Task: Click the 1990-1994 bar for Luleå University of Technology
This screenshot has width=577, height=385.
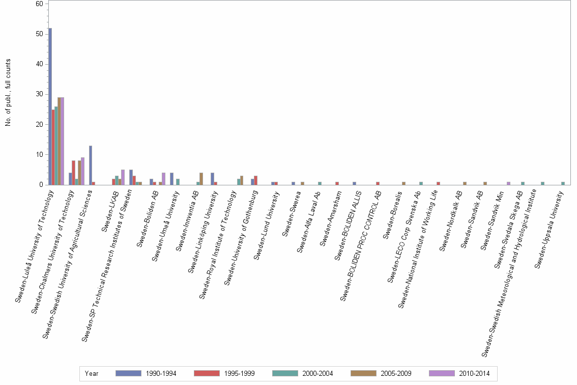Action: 50,106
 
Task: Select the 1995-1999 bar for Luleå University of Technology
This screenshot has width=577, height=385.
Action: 53,147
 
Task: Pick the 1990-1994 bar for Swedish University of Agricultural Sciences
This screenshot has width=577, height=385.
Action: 91,166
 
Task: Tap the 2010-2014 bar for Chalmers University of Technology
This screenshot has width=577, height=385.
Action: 83,171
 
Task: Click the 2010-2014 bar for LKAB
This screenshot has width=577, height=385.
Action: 123,177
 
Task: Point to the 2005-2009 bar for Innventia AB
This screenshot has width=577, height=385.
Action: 201,179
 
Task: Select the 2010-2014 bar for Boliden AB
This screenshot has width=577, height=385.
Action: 163,179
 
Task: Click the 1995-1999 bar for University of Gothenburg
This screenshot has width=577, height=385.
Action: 256,180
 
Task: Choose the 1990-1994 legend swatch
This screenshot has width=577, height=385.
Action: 128,373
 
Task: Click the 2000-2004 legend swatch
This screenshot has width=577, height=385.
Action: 285,373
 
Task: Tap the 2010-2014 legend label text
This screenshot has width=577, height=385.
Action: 474,374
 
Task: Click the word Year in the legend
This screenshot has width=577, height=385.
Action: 91,374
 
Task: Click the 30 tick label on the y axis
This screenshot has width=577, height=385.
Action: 39,94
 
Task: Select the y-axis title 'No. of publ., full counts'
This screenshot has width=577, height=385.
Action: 8,93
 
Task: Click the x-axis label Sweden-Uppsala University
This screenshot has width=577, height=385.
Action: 549,230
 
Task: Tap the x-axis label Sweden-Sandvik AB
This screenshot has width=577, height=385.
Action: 472,219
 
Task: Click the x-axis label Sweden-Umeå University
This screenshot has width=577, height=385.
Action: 165,226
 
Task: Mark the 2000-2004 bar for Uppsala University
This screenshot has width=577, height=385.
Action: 563,183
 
